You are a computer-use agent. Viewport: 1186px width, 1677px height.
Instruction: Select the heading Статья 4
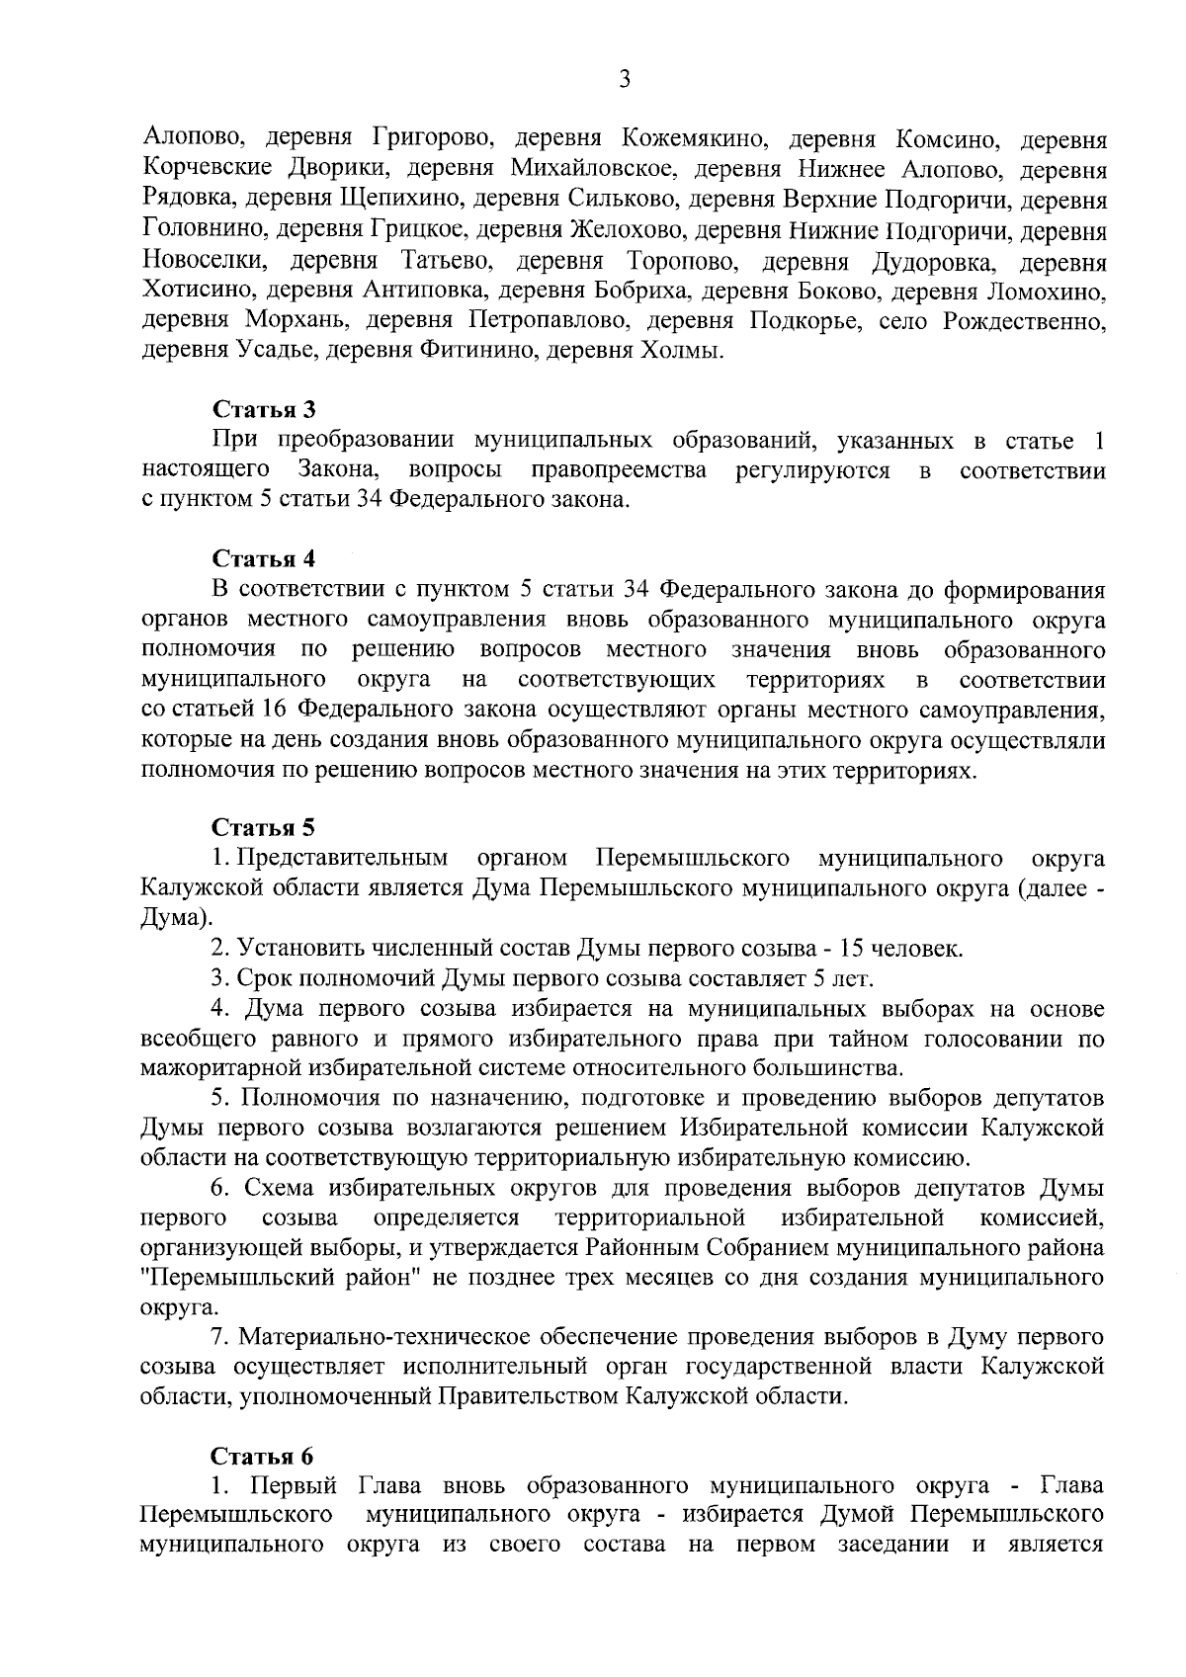point(264,559)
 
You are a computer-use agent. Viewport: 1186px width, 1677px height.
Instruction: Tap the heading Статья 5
point(264,826)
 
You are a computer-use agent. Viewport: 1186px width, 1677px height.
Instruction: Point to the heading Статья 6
point(264,1457)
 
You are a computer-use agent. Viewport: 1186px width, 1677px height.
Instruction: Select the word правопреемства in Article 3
point(619,469)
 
